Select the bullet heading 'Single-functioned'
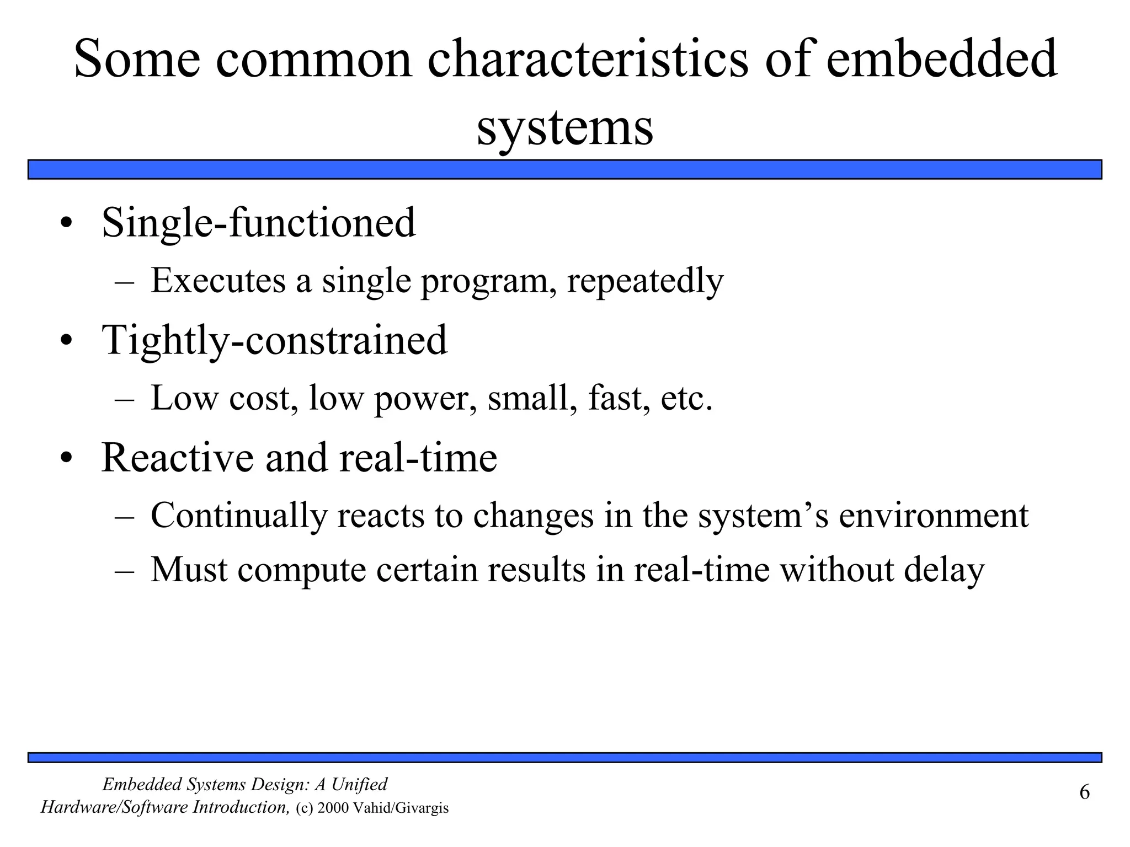point(258,223)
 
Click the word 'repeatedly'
point(645,281)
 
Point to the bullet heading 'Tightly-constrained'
point(274,340)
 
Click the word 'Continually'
point(239,516)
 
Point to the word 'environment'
point(934,516)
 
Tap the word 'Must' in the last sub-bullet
point(189,570)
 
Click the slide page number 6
point(1084,792)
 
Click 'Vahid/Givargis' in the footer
point(400,808)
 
